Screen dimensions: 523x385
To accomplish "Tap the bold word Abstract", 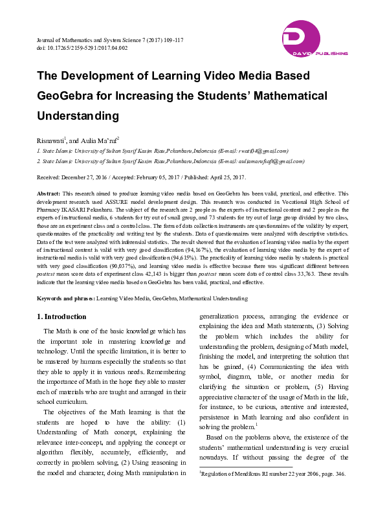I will [49, 194].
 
